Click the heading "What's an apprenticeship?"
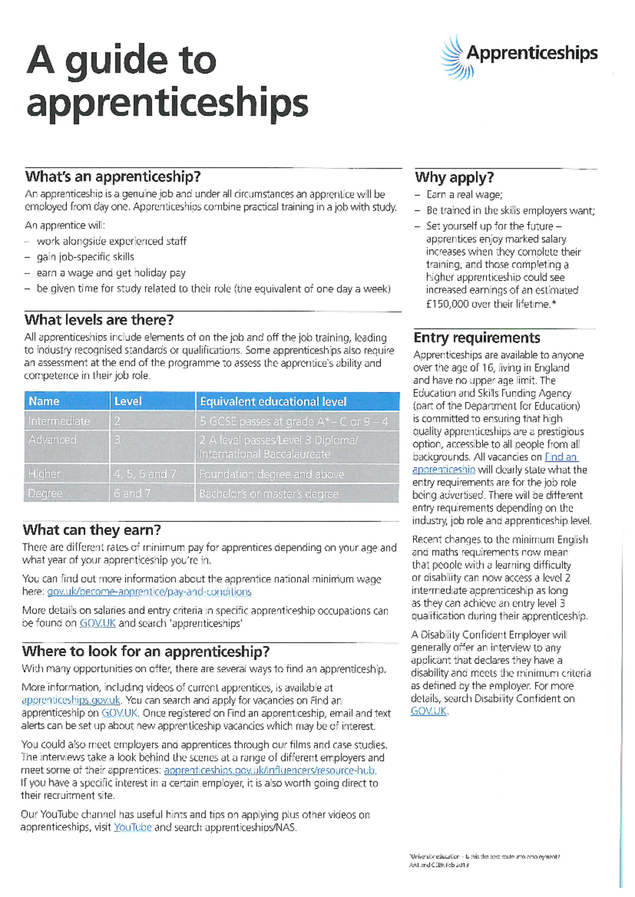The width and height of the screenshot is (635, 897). coord(113,176)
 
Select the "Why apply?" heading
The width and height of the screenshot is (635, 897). coord(454,177)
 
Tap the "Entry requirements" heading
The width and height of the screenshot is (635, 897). coord(477,337)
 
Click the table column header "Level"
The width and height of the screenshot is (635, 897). coord(128,401)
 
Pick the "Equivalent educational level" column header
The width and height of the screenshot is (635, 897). coord(273,401)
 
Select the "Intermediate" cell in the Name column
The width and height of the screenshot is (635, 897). coord(59,421)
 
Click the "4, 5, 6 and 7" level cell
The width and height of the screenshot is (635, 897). coord(145,474)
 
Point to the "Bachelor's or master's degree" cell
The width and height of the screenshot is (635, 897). coord(268,493)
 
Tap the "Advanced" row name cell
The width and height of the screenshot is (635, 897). coord(52,440)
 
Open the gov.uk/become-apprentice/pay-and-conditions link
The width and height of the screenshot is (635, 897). coord(149,592)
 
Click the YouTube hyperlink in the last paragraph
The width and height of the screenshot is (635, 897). coord(132,827)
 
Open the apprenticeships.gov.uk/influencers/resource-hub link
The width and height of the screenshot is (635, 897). coord(269,770)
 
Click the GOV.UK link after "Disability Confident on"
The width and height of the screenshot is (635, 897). coord(429,711)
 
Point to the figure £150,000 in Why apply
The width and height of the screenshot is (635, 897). coord(447,304)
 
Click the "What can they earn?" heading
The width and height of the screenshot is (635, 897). coord(92,530)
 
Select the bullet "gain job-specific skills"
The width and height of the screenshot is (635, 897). coord(85,257)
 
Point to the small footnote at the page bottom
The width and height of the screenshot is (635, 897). coord(484,861)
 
